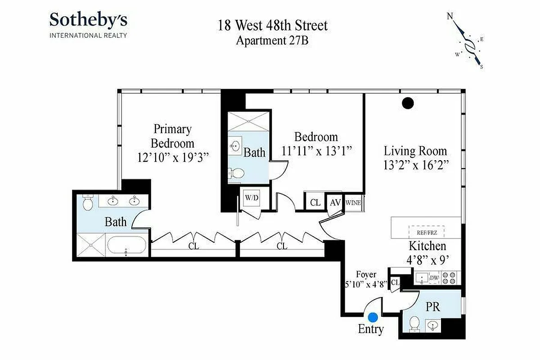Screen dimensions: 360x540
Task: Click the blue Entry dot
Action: tap(373, 318)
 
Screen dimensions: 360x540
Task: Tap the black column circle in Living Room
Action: tap(407, 103)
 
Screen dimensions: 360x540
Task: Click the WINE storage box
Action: tap(353, 202)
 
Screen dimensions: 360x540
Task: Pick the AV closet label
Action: tap(336, 202)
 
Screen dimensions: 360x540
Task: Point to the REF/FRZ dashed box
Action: tap(426, 232)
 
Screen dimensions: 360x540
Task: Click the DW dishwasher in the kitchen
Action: tap(434, 278)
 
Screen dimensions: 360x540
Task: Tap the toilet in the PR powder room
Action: tap(415, 322)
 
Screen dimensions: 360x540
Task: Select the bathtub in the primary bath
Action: tap(126, 247)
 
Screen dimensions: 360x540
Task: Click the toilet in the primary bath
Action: tap(88, 203)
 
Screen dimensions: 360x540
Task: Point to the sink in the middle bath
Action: tap(234, 145)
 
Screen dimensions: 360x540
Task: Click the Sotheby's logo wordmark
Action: tap(88, 21)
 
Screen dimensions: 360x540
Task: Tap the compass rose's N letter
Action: tap(450, 17)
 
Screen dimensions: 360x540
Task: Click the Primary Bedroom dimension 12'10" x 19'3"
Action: tap(173, 157)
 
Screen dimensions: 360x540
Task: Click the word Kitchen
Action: tap(427, 246)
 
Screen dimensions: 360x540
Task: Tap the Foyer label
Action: tap(366, 274)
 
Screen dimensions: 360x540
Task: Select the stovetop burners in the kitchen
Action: tap(450, 278)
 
